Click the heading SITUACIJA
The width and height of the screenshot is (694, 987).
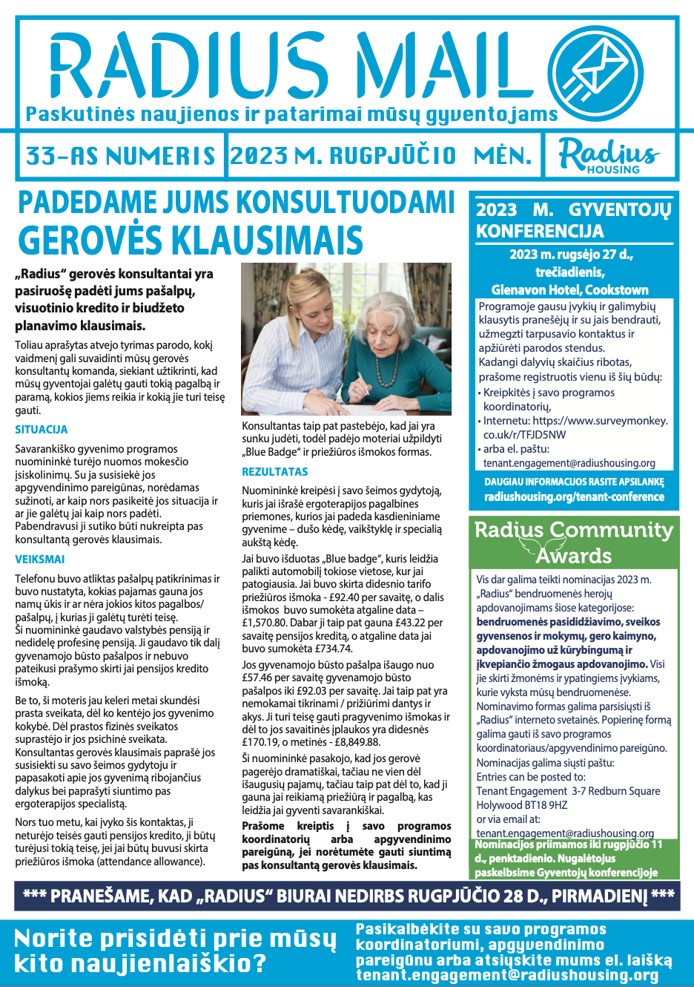[x=42, y=430]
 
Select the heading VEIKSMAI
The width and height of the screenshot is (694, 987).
[x=40, y=560]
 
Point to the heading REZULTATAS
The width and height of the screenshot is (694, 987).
[x=274, y=472]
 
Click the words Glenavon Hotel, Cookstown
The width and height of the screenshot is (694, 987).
[x=569, y=290]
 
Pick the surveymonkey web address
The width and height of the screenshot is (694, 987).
[x=575, y=427]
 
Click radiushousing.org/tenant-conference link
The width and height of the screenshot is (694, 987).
[x=574, y=497]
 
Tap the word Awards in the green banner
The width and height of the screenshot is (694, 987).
[x=574, y=556]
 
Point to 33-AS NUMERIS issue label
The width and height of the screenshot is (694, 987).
[x=121, y=157]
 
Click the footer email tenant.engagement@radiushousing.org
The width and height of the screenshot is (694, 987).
[x=507, y=975]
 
